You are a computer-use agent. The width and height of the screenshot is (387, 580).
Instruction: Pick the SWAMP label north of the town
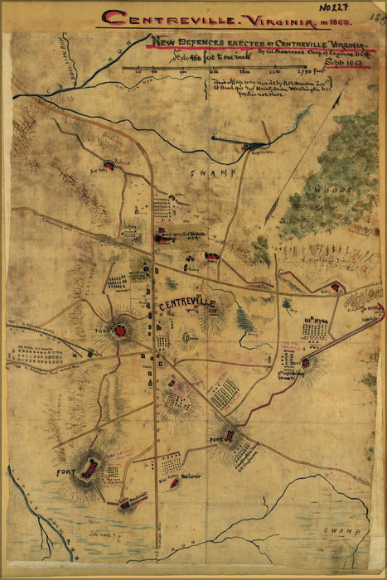(x=212, y=172)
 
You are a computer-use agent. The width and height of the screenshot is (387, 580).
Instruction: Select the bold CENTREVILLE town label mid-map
(x=186, y=304)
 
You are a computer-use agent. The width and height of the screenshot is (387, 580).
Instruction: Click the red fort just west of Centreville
(x=120, y=331)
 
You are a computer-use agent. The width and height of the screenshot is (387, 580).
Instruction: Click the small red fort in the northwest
(x=109, y=165)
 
